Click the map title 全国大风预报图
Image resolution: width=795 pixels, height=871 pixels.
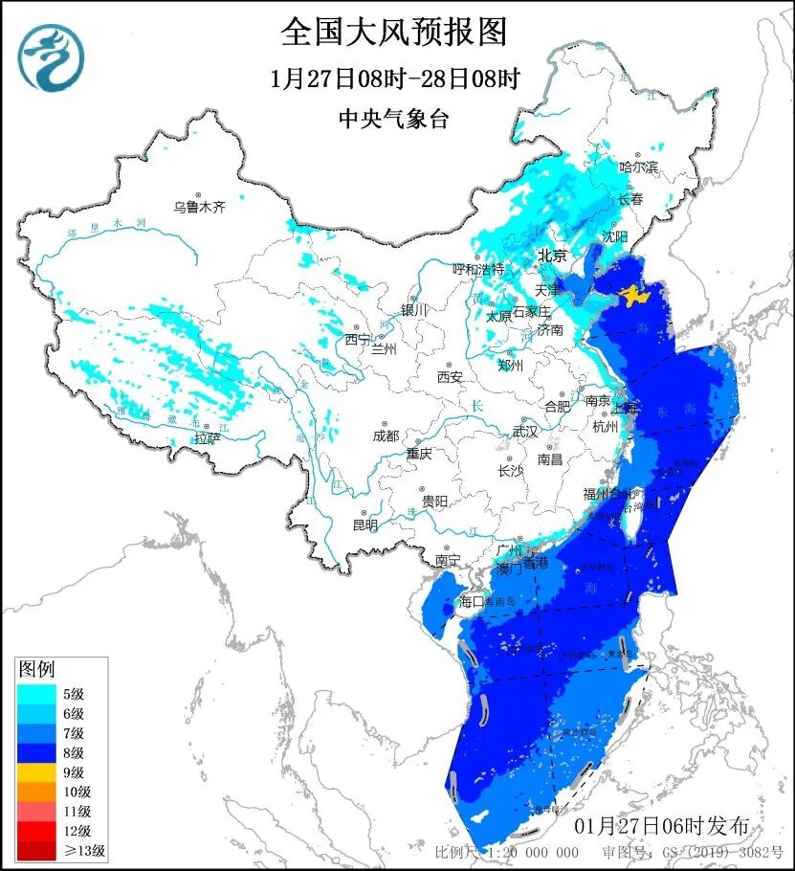click(x=393, y=32)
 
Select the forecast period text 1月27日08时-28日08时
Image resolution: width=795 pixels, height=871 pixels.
click(x=394, y=78)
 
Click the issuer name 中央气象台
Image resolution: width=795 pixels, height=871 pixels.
click(x=393, y=119)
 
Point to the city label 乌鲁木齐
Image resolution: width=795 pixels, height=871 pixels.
click(x=199, y=206)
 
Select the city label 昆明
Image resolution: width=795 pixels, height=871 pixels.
click(x=364, y=525)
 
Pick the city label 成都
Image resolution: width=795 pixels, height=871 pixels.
click(x=387, y=436)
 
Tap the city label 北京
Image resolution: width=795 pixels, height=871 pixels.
click(x=552, y=256)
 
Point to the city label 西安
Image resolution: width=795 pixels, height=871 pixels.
click(x=450, y=377)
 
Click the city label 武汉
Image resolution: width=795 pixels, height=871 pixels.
click(x=525, y=432)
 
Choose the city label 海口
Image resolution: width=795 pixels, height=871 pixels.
click(x=473, y=602)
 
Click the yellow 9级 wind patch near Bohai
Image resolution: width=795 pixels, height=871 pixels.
click(x=632, y=296)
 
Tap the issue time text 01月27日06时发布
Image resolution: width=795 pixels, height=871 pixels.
click(x=662, y=825)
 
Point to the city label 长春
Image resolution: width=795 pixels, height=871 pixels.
click(x=630, y=200)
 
